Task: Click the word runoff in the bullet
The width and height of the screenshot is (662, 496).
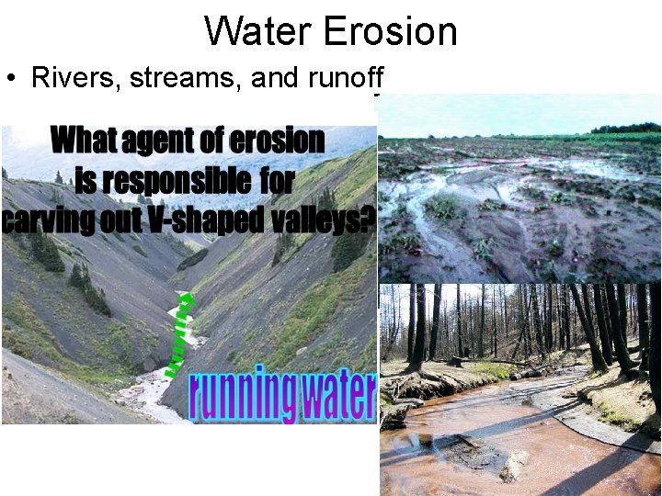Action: point(342,78)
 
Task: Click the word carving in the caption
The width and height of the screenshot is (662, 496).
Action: point(47,221)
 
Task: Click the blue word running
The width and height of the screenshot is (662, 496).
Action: point(241,396)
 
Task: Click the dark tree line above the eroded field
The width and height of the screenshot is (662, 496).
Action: point(625,128)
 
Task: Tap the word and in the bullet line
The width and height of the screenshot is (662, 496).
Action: point(272,78)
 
